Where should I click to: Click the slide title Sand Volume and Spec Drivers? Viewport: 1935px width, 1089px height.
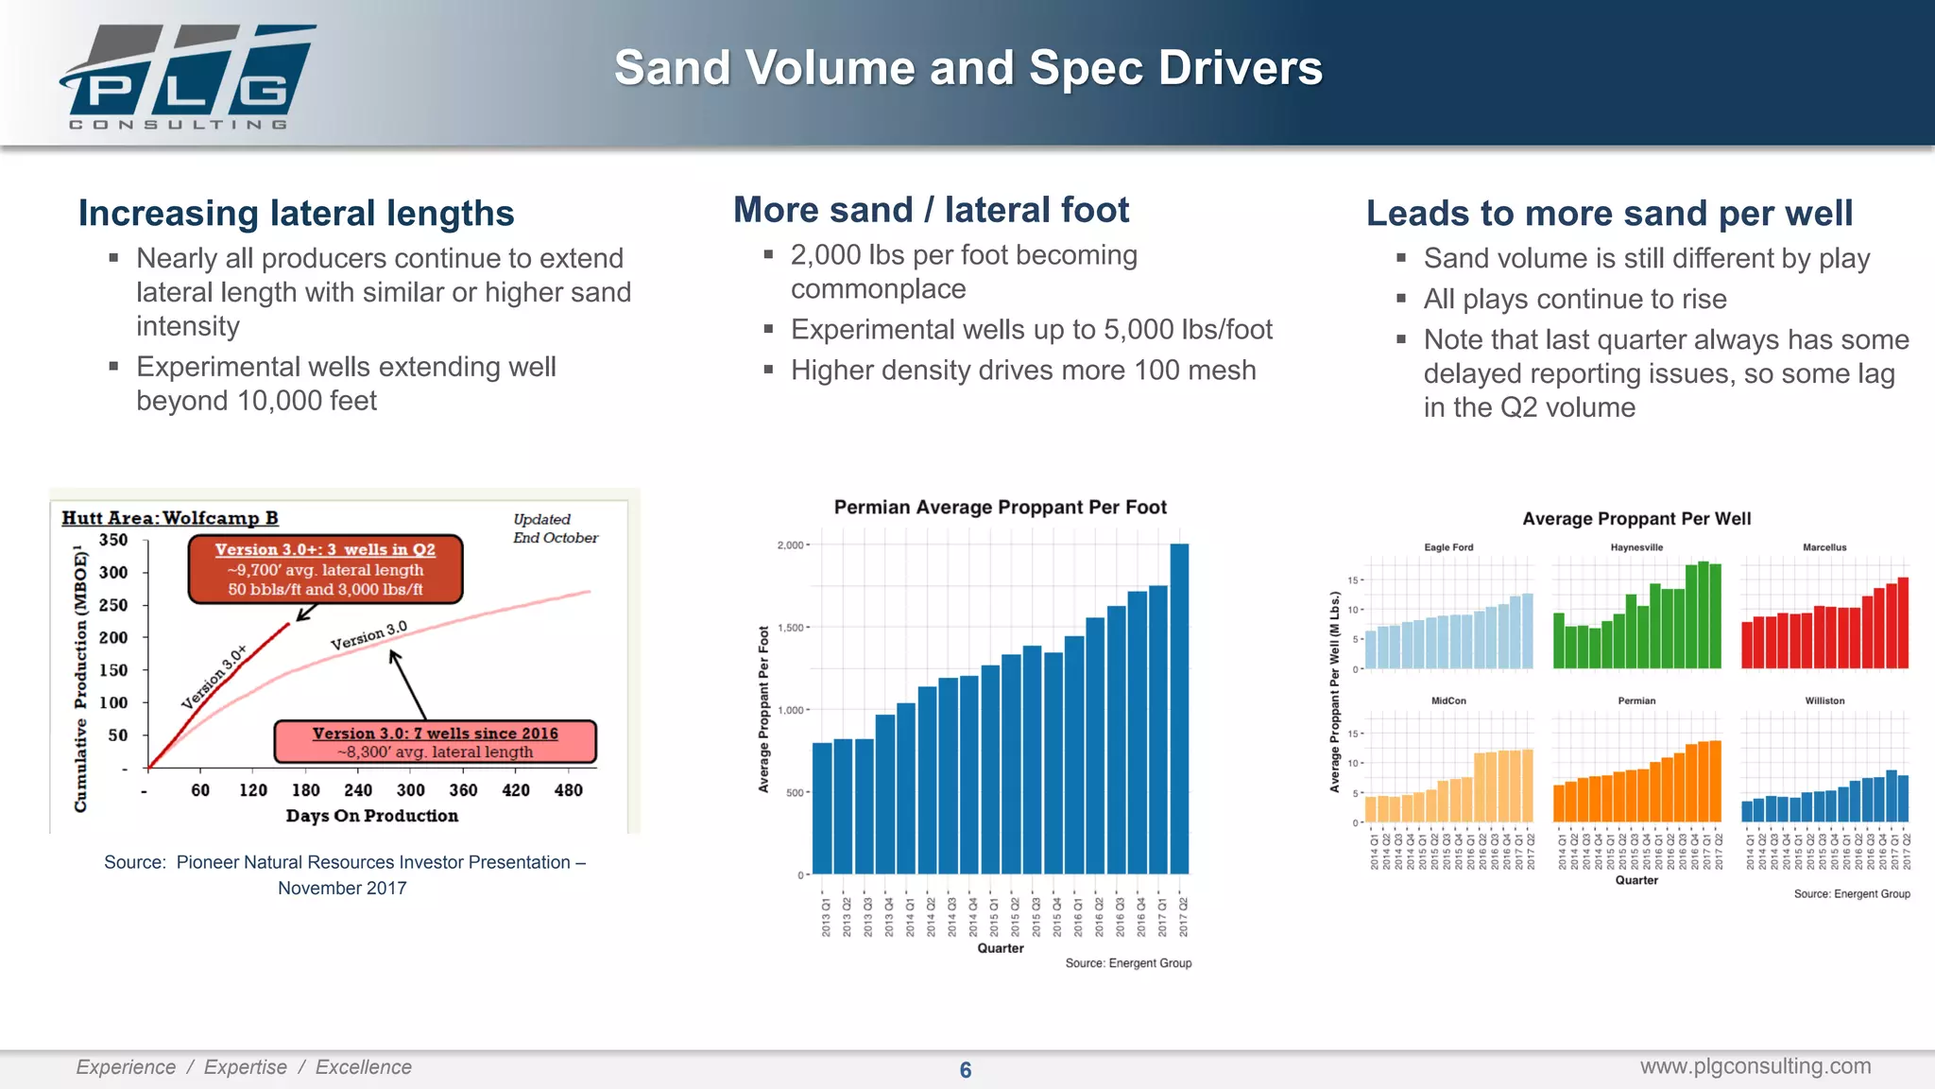pos(967,68)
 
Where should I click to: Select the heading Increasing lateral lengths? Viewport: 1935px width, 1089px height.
pos(296,214)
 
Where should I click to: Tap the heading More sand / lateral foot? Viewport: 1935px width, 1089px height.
pos(931,210)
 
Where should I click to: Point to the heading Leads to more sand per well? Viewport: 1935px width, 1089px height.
pos(1608,214)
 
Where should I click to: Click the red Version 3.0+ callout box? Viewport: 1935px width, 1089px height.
pos(325,569)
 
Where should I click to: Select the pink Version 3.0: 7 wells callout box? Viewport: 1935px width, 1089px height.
pos(435,742)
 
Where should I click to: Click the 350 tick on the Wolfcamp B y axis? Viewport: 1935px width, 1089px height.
pos(113,540)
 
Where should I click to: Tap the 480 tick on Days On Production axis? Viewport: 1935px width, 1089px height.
pos(568,790)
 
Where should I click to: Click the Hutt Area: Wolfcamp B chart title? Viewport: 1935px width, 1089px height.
pos(170,518)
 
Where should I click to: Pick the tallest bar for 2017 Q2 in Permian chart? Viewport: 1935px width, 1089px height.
pos(1179,709)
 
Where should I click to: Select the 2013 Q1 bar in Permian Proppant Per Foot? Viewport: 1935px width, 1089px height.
pos(822,808)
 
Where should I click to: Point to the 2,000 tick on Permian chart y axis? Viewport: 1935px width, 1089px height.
pos(790,545)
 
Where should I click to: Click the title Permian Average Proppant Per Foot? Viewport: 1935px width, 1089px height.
pos(1000,508)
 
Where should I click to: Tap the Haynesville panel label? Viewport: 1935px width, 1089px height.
pos(1636,547)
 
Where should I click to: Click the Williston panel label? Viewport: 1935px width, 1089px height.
pos(1824,700)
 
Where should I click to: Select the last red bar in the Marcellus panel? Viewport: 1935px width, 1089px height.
pos(1903,624)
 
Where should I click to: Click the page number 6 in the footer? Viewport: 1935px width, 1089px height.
pos(965,1070)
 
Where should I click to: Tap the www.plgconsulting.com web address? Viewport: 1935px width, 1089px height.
pos(1755,1066)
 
